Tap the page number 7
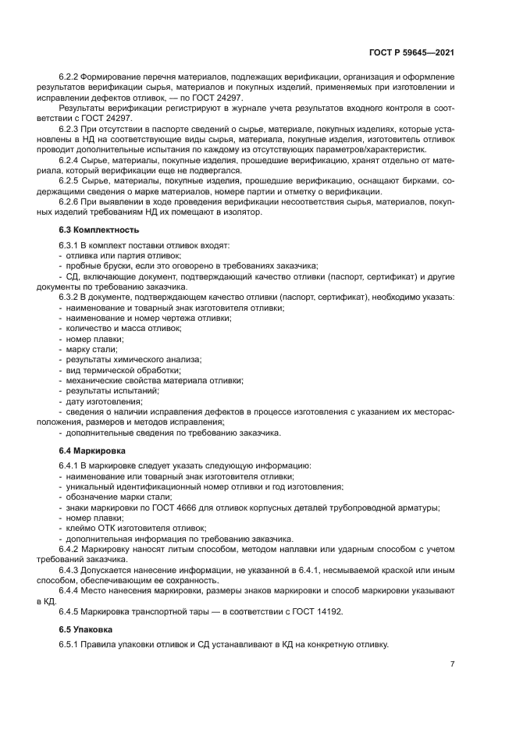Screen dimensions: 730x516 453,664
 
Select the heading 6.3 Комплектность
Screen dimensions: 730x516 99,230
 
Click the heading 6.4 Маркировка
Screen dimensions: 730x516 95,451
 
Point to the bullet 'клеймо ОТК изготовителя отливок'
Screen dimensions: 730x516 126,529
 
